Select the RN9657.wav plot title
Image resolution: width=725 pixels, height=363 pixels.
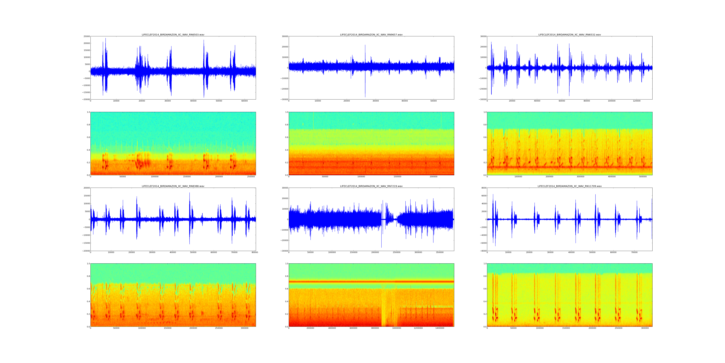click(371, 35)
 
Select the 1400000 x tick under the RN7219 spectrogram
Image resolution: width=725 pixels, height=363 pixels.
click(440, 328)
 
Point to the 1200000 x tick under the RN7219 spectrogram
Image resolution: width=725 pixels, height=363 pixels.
click(418, 328)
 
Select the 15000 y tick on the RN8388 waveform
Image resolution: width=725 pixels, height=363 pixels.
click(86, 196)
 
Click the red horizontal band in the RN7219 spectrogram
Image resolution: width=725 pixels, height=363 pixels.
click(371, 282)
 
